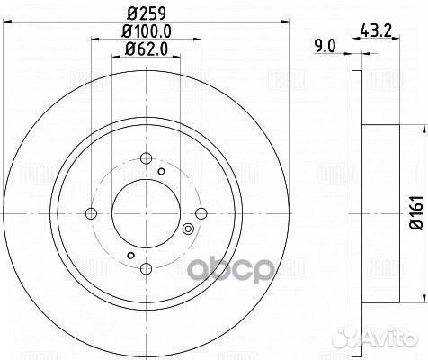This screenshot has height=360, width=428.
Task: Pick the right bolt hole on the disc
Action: [201, 214]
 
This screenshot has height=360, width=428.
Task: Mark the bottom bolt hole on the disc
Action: [147, 269]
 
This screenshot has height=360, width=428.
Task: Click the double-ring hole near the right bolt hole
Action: [187, 229]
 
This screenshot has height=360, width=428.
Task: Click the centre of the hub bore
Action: [146, 214]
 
